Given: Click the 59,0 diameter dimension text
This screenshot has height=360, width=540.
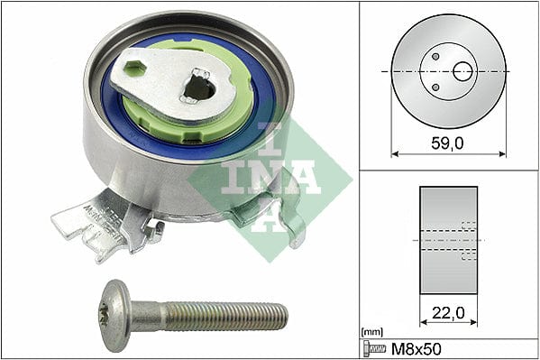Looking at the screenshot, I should pos(448,142).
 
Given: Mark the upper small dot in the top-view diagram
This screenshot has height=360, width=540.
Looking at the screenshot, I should pos(435,56).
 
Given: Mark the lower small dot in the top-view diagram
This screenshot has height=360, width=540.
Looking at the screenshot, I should pos(435,87).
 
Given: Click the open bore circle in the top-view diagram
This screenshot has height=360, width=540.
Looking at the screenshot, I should pos(462,71).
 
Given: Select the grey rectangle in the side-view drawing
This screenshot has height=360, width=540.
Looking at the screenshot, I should pos(448,238).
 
